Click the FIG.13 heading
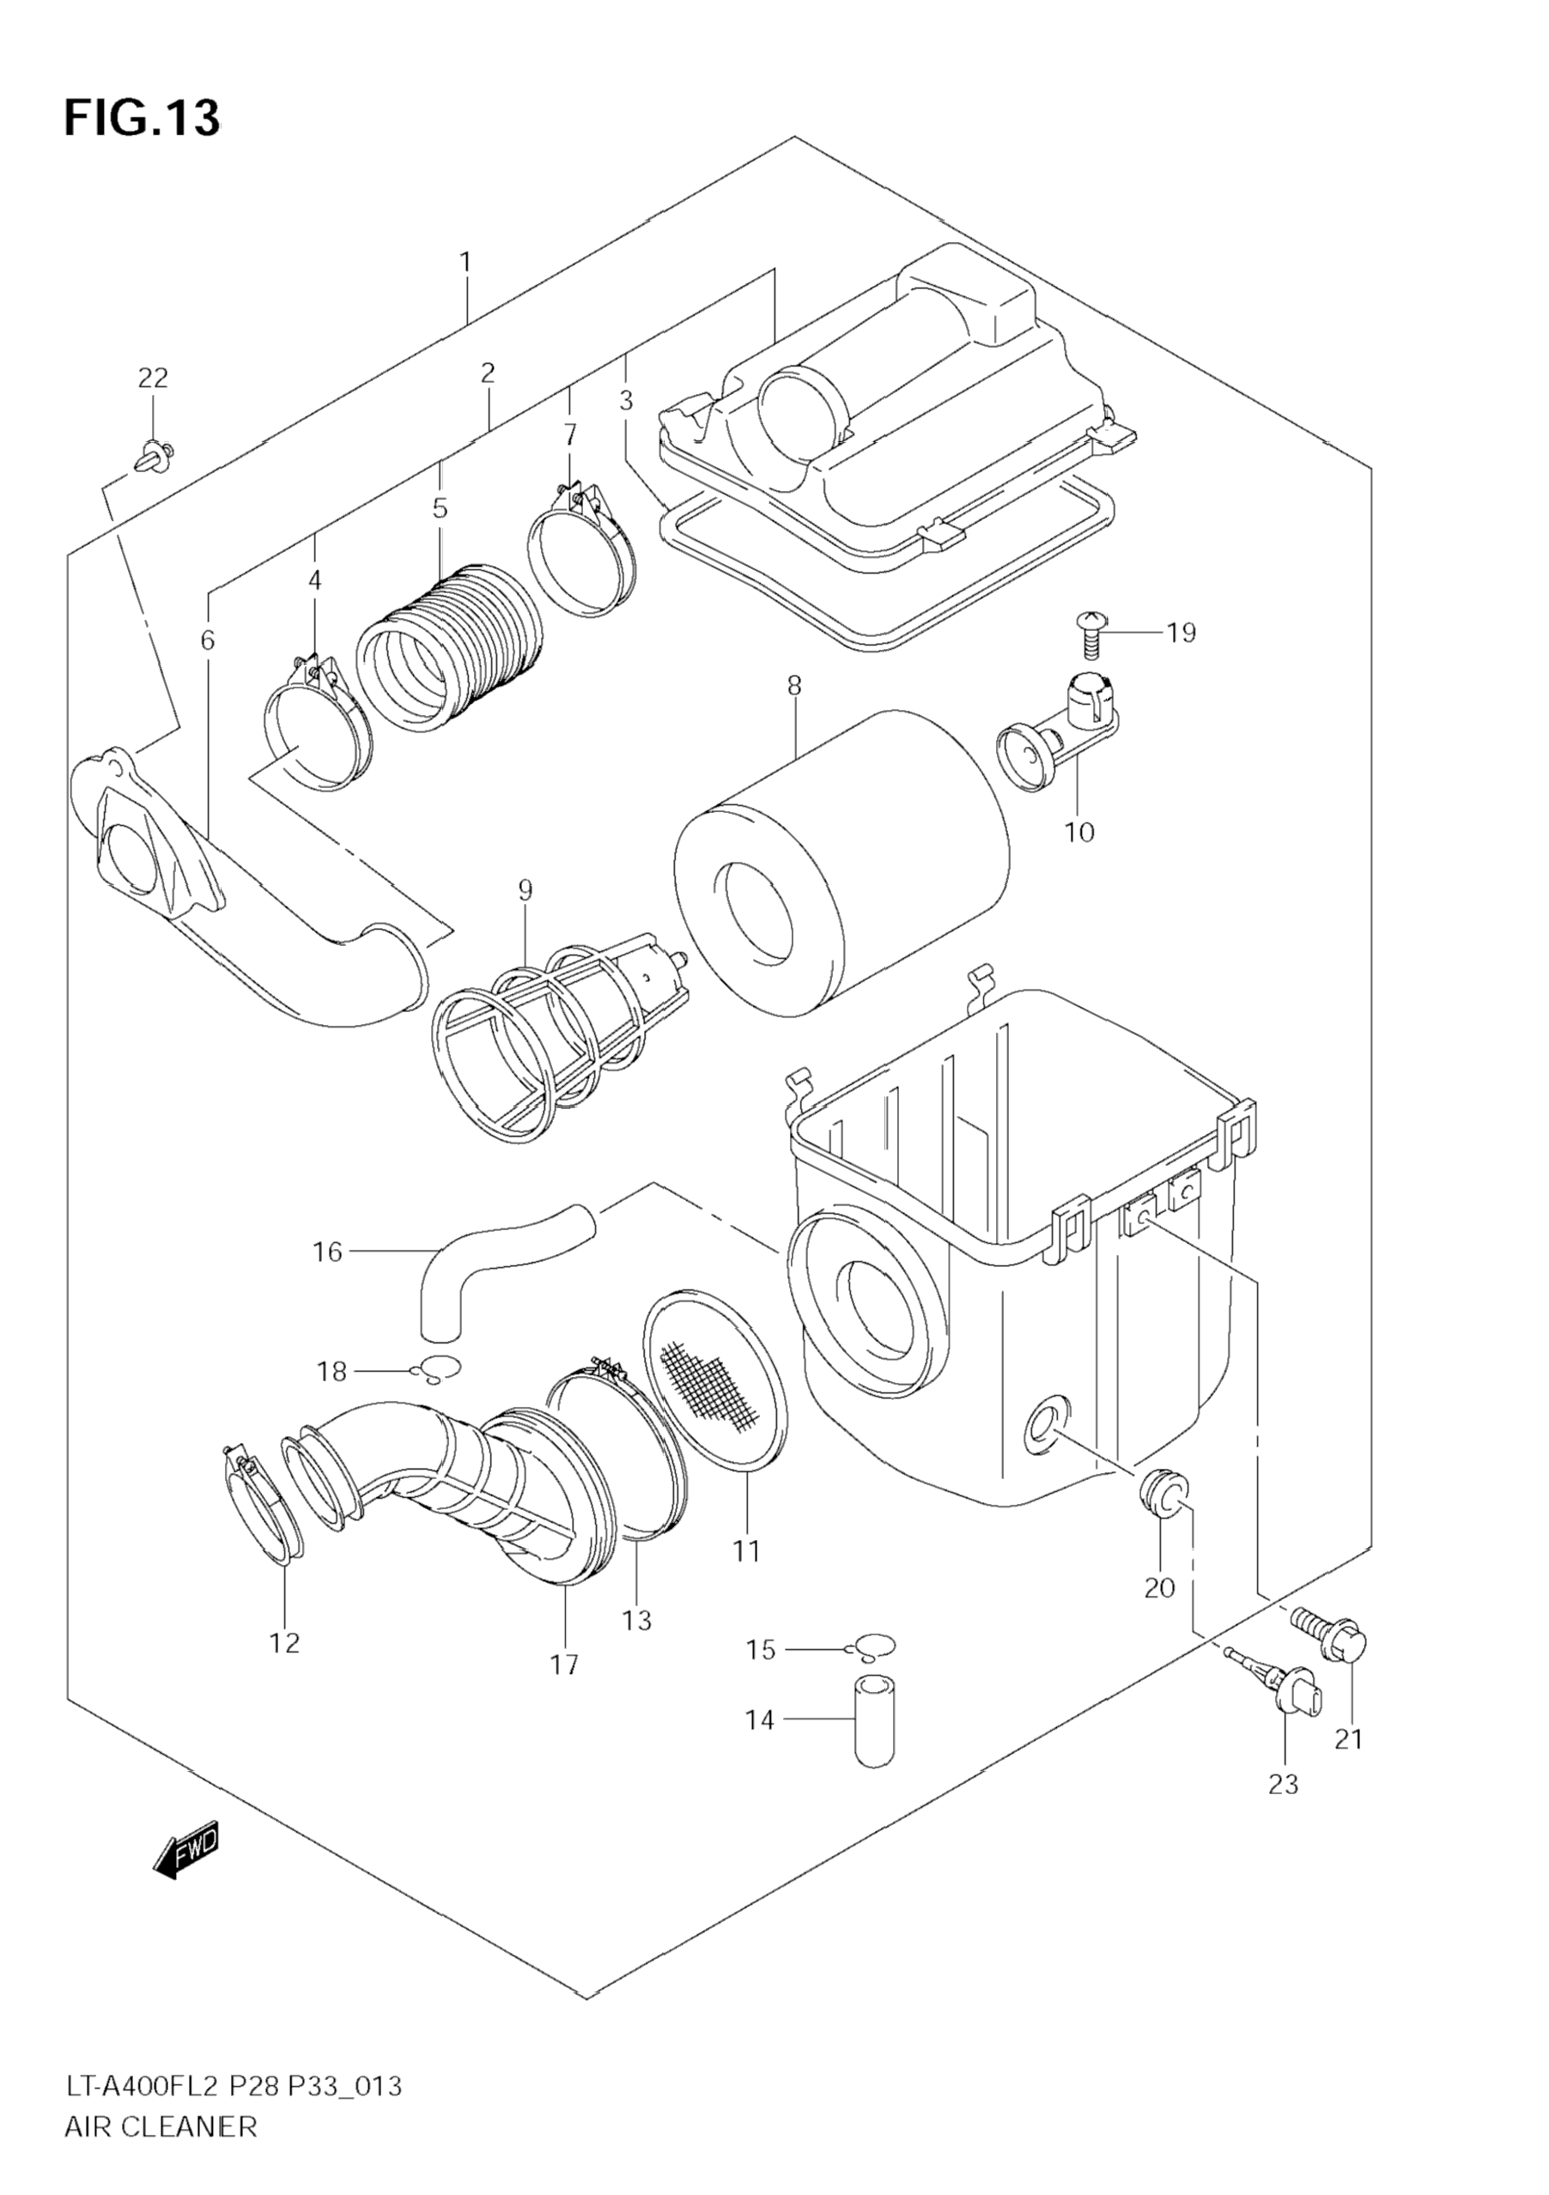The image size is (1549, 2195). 142,118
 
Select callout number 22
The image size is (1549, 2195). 152,379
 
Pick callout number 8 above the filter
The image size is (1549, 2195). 793,686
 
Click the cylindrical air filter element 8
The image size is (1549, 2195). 841,860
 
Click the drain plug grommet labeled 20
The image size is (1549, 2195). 1163,1513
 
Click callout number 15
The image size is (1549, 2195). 761,1650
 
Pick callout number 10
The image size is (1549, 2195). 1078,832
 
